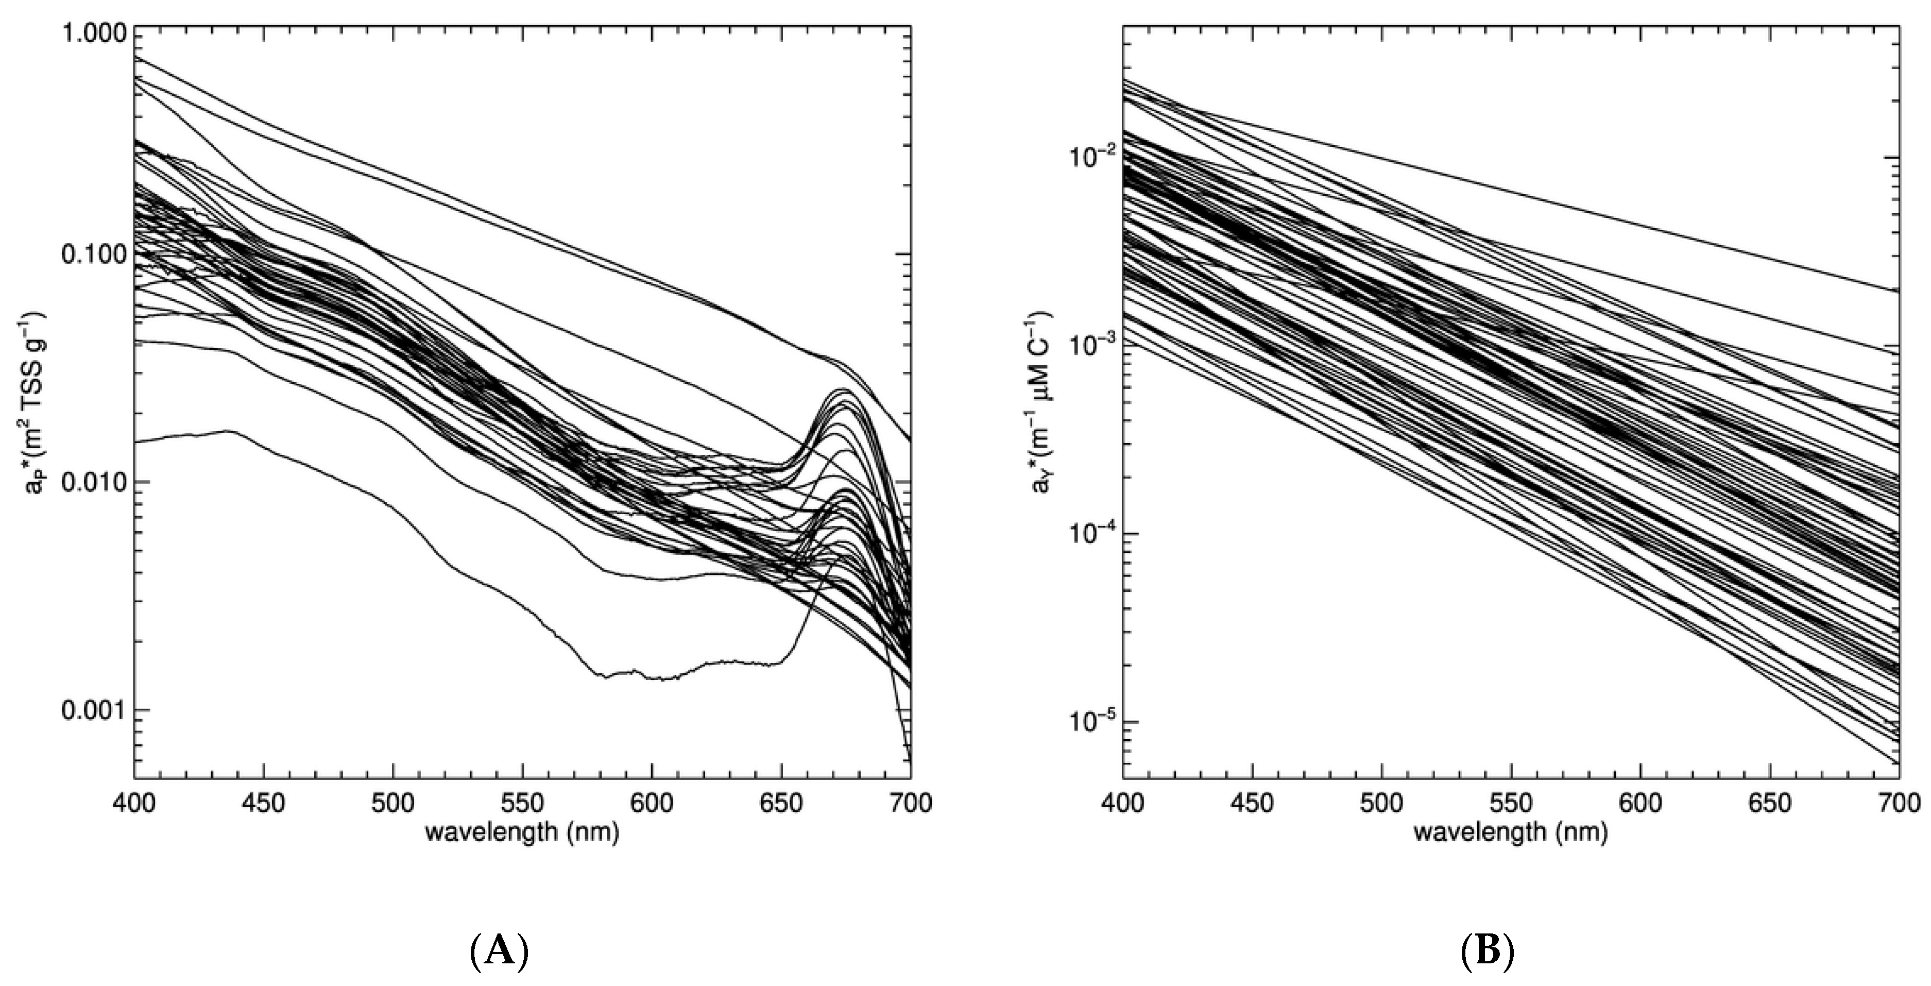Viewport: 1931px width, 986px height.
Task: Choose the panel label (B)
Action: [x=1488, y=953]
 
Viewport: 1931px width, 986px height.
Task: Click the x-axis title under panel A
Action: [x=522, y=832]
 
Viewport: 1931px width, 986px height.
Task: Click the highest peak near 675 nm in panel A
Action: [x=843, y=389]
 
